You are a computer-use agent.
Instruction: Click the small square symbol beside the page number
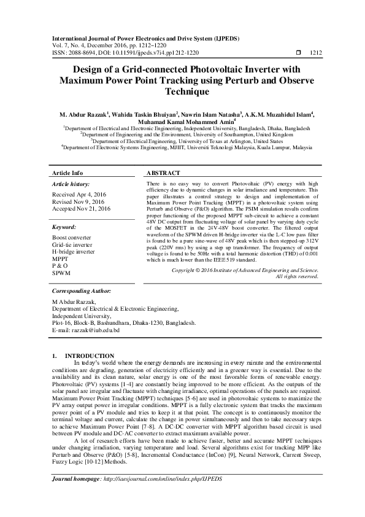click(298, 53)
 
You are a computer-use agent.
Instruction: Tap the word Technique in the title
click(183, 91)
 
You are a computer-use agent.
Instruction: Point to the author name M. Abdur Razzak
click(83, 114)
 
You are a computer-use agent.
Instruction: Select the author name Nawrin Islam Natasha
click(212, 114)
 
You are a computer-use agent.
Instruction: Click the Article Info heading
click(67, 173)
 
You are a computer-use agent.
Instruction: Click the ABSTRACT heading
click(164, 173)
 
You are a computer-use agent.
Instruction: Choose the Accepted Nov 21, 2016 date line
click(82, 209)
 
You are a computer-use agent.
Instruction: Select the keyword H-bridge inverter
click(74, 252)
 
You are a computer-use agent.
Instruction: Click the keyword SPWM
click(62, 273)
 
